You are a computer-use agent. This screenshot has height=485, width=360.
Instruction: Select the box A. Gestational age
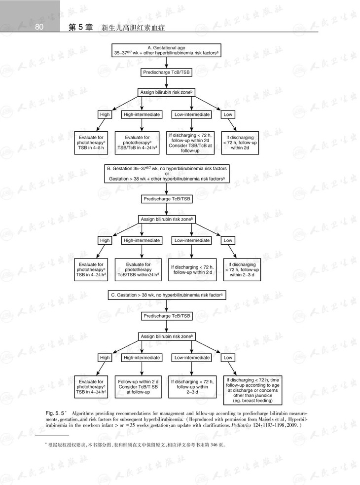pos(167,50)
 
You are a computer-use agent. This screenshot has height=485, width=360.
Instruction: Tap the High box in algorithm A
pos(105,114)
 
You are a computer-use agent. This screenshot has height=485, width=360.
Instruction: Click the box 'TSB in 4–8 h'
pos(93,143)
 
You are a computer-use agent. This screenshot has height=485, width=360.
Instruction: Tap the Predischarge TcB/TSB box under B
pos(167,199)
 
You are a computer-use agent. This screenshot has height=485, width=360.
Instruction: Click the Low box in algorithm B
pos(228,240)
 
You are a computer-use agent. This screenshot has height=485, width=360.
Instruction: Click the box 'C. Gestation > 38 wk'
pos(167,295)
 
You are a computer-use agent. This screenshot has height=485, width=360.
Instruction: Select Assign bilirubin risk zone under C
pos(167,336)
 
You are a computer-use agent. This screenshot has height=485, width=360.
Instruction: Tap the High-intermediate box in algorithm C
pos(142,358)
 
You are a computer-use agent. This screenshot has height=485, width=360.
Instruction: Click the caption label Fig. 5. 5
pos(56,411)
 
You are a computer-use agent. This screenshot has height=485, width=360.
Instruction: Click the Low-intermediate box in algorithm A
pos(192,114)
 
